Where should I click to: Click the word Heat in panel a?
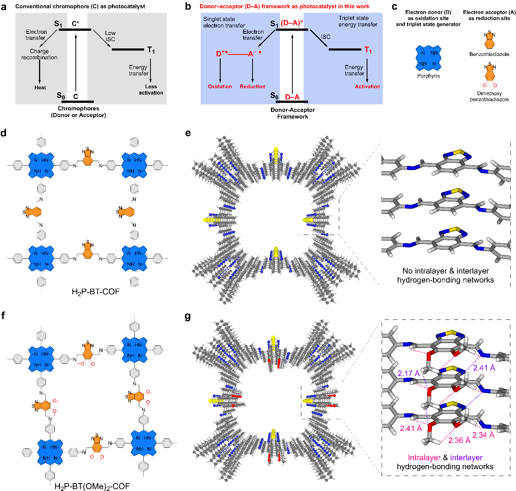point(40,87)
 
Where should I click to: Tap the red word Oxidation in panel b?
point(220,86)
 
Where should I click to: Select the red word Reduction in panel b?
point(252,86)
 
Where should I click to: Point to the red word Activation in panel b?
point(367,86)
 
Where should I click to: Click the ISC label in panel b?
point(326,37)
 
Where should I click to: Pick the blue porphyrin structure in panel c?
point(428,58)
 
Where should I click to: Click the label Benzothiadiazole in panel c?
point(489,54)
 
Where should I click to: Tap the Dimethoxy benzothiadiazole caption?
point(489,96)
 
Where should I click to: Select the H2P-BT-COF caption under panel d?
point(96,292)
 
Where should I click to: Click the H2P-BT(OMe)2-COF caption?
point(92,486)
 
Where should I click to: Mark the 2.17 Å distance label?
point(408,374)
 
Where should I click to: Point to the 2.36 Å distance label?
point(459,440)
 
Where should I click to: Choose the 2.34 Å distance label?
point(483,435)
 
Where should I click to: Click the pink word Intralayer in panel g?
point(424,458)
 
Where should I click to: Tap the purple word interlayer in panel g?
point(466,458)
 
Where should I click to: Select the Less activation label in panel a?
point(151,89)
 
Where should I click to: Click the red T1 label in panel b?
point(368,50)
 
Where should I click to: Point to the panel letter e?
point(188,133)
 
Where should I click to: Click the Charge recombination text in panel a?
point(39,54)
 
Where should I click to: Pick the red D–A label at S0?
point(292,97)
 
